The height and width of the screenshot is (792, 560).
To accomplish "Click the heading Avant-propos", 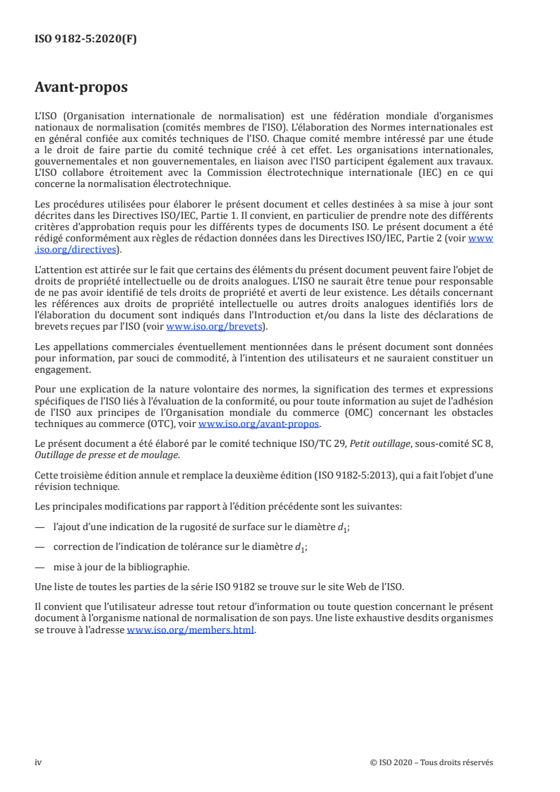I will click(81, 88).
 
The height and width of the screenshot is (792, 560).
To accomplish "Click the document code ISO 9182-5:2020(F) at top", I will click(85, 40).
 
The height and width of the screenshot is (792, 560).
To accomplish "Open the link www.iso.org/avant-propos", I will click(259, 424).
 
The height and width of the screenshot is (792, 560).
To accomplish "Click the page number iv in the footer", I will click(38, 762).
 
